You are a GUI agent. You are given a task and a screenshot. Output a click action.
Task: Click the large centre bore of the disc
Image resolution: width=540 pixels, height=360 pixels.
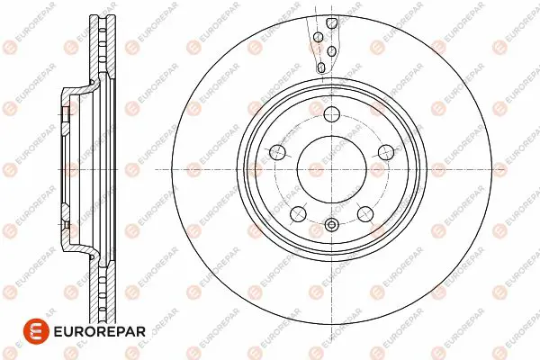pyautogui.click(x=331, y=169)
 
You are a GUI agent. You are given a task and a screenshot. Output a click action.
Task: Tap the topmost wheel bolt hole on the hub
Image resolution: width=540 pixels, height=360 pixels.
pyautogui.click(x=332, y=114)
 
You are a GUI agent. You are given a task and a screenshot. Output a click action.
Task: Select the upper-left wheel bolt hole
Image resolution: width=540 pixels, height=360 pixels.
pyautogui.click(x=277, y=152)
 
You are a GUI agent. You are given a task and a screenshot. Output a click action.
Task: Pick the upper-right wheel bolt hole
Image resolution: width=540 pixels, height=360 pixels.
pyautogui.click(x=386, y=152)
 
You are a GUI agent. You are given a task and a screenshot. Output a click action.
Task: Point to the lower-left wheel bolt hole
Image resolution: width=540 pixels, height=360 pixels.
pyautogui.click(x=298, y=214)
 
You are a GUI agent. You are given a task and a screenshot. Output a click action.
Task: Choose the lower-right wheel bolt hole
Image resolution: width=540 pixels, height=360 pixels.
pyautogui.click(x=365, y=214)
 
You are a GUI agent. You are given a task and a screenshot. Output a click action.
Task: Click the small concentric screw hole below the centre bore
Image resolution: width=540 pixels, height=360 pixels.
pyautogui.click(x=331, y=225)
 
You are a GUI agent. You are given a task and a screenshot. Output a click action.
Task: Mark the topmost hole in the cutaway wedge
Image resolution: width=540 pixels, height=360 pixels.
pyautogui.click(x=331, y=23)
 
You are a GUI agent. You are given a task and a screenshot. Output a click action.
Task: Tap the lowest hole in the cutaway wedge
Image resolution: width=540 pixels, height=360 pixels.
pyautogui.click(x=321, y=67)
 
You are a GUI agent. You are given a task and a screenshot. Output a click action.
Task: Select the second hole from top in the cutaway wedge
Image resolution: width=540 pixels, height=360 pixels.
pyautogui.click(x=319, y=37)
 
